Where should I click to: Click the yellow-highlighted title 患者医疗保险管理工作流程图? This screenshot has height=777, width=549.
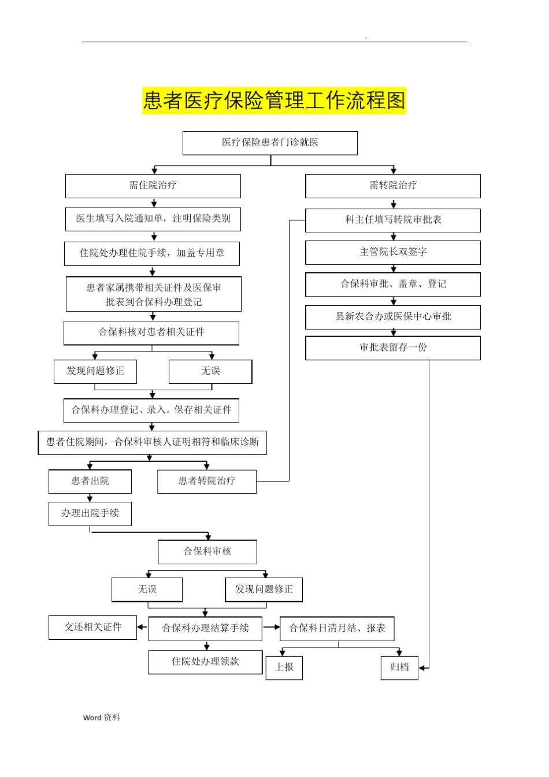(274, 101)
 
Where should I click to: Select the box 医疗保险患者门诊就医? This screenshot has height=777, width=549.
(270, 143)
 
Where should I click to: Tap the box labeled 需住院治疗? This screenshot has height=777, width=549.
(153, 186)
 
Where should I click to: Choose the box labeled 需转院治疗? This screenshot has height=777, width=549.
(393, 186)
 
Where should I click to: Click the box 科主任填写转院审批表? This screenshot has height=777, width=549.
(393, 220)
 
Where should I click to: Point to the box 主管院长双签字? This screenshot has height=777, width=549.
(393, 253)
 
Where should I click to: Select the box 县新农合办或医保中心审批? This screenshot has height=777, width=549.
(393, 317)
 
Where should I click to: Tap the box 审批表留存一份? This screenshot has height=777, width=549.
(393, 348)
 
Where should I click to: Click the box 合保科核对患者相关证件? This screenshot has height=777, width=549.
(151, 332)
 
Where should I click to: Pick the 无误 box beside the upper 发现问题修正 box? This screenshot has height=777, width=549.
(210, 371)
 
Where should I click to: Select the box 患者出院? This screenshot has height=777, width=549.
(90, 481)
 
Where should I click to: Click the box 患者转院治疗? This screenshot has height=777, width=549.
(206, 481)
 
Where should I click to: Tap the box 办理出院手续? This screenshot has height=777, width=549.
(90, 513)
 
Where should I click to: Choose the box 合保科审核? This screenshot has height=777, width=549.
(207, 552)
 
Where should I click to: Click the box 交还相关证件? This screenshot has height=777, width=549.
(92, 627)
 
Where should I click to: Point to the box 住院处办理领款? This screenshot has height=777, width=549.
(205, 662)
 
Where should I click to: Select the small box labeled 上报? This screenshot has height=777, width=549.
(284, 668)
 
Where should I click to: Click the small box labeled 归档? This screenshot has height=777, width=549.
(399, 668)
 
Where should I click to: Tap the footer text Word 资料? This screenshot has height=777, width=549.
(101, 717)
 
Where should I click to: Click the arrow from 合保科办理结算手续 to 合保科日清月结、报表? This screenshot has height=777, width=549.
(271, 627)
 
